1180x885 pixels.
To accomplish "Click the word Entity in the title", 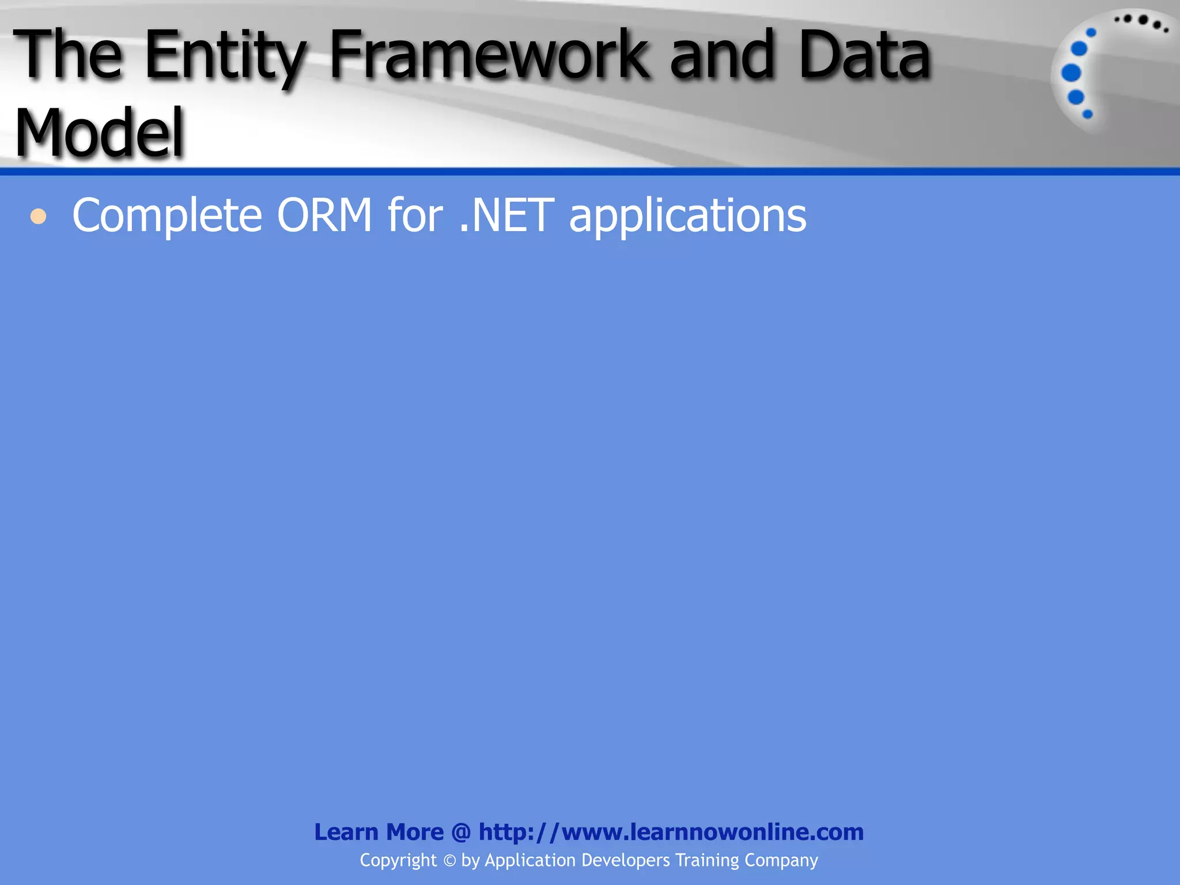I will click(225, 56).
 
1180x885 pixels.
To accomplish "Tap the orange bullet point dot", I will click(39, 217).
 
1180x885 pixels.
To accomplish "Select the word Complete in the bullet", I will click(167, 215).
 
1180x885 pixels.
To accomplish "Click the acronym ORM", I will click(324, 215).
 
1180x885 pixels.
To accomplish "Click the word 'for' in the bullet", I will click(415, 215).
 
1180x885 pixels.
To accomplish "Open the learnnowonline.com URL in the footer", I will click(671, 832).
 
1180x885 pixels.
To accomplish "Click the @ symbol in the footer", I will click(461, 832).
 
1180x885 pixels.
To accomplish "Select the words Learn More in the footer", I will click(379, 832).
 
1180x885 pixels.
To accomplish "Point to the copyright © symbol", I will click(449, 861).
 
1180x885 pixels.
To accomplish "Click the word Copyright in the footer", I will click(398, 861).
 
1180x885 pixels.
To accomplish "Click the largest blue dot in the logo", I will click(1071, 73).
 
